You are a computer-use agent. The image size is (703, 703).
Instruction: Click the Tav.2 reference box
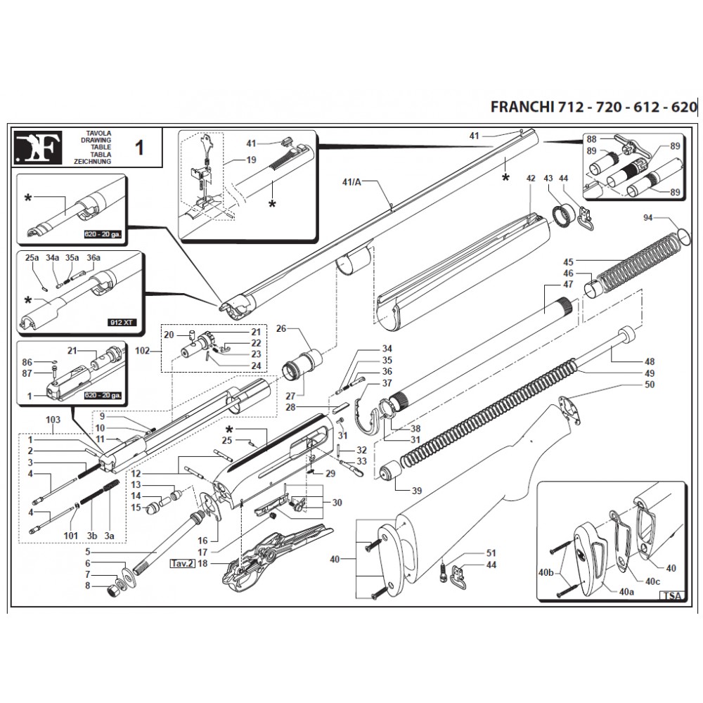click(x=181, y=564)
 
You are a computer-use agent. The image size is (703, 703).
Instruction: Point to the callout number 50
click(x=649, y=385)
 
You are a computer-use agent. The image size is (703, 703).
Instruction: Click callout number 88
click(x=591, y=139)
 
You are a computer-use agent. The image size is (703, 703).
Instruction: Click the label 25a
click(x=32, y=258)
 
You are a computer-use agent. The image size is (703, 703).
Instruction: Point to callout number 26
click(x=282, y=328)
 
